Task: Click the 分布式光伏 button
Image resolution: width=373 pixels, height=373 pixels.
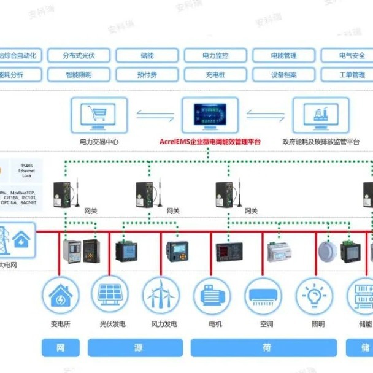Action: tap(78, 56)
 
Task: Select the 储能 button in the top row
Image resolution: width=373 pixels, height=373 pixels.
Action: tap(147, 56)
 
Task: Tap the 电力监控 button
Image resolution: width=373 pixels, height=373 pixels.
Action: tap(215, 56)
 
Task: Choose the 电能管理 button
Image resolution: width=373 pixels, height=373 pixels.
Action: tap(283, 56)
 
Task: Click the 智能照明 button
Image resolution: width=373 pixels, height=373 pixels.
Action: tap(78, 75)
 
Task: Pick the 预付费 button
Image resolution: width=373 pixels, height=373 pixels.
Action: tap(147, 75)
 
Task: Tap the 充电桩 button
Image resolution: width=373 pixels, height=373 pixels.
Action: tap(215, 75)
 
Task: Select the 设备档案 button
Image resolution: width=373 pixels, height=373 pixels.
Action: tap(283, 75)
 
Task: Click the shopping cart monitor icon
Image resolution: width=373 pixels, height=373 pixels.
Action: tap(99, 115)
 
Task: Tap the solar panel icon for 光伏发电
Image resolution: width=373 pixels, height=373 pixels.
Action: tap(110, 295)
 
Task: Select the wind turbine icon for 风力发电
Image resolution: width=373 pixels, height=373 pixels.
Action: tap(162, 295)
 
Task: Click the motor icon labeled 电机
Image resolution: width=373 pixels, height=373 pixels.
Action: tap(212, 295)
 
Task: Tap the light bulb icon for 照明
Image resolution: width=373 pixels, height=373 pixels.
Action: tap(315, 295)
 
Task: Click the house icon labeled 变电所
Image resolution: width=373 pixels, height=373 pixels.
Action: tap(60, 295)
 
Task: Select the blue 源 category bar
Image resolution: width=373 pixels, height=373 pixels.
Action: tap(136, 348)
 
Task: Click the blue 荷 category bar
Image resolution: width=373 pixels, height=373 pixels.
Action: tap(265, 348)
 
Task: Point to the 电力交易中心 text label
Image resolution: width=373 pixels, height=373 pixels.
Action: tap(99, 142)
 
